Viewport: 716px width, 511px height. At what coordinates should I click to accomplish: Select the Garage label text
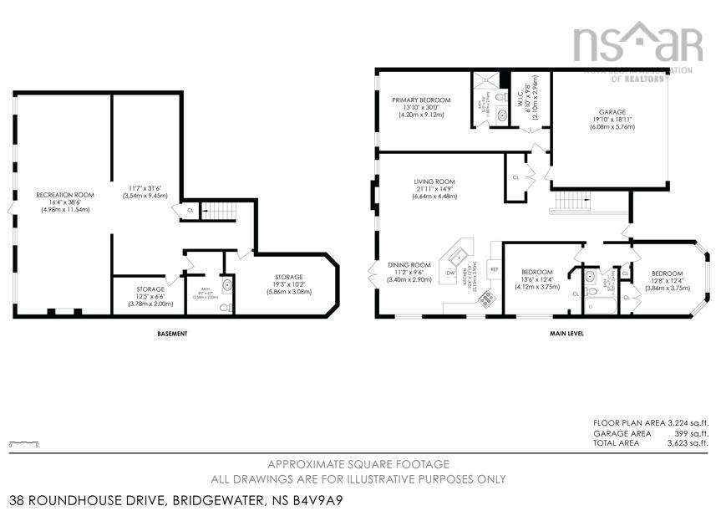pyautogui.click(x=612, y=111)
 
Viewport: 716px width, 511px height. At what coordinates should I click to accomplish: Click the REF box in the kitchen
pyautogui.click(x=494, y=269)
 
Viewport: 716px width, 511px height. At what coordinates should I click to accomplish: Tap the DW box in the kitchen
pyautogui.click(x=450, y=273)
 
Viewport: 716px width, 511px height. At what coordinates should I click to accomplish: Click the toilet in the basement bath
pyautogui.click(x=224, y=307)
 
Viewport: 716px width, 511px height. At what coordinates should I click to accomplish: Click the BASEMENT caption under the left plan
pyautogui.click(x=172, y=334)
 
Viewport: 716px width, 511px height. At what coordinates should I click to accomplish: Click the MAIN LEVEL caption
pyautogui.click(x=566, y=334)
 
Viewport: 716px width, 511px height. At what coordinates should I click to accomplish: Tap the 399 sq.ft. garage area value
pyautogui.click(x=689, y=433)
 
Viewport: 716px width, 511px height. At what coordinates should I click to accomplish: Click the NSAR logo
pyautogui.click(x=637, y=43)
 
